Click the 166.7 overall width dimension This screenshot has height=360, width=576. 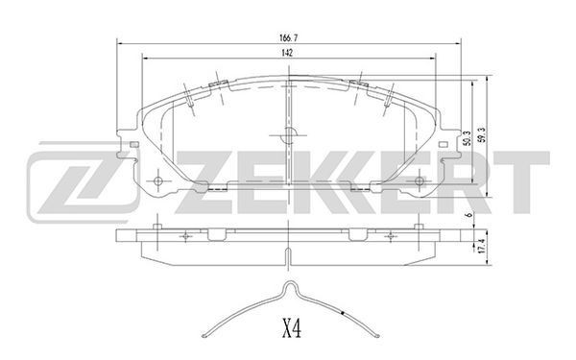point(288,37)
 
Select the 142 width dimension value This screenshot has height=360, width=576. point(287,53)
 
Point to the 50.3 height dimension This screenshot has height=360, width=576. point(467,138)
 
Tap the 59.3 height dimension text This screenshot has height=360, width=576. point(482,134)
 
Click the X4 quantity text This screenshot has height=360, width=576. point(292,328)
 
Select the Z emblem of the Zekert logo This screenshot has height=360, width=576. point(84,181)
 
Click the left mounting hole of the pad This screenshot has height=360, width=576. point(158,180)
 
